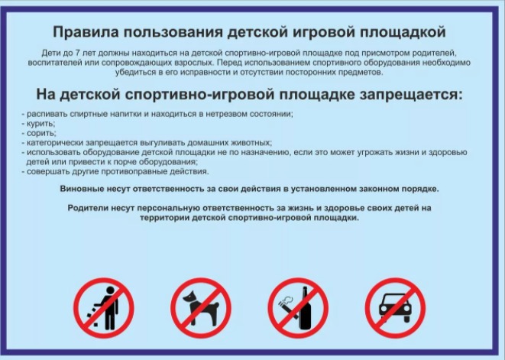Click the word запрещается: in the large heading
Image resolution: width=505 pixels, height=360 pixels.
coord(411,95)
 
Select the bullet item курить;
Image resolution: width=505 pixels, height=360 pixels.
coord(39,123)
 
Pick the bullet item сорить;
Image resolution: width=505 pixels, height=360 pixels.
coord(39,133)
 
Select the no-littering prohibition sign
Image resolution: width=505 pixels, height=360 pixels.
coord(104,308)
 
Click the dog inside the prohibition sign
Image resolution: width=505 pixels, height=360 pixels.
coord(201,306)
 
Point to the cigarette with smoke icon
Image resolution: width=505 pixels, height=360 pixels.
coord(286,306)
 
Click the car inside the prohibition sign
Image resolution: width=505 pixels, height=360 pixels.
coord(395,308)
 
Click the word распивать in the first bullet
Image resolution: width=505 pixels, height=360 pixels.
coord(47,114)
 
